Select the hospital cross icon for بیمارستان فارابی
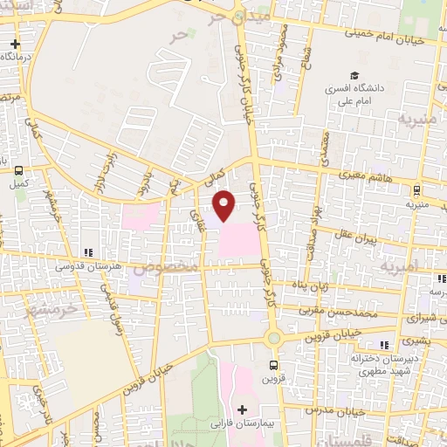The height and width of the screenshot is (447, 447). pos(242,409)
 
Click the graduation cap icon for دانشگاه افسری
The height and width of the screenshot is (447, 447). pos(354,76)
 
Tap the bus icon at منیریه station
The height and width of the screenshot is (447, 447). pos(416,189)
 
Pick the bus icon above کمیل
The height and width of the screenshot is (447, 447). pos(20,170)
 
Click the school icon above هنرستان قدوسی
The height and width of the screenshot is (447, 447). pos(87,251)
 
